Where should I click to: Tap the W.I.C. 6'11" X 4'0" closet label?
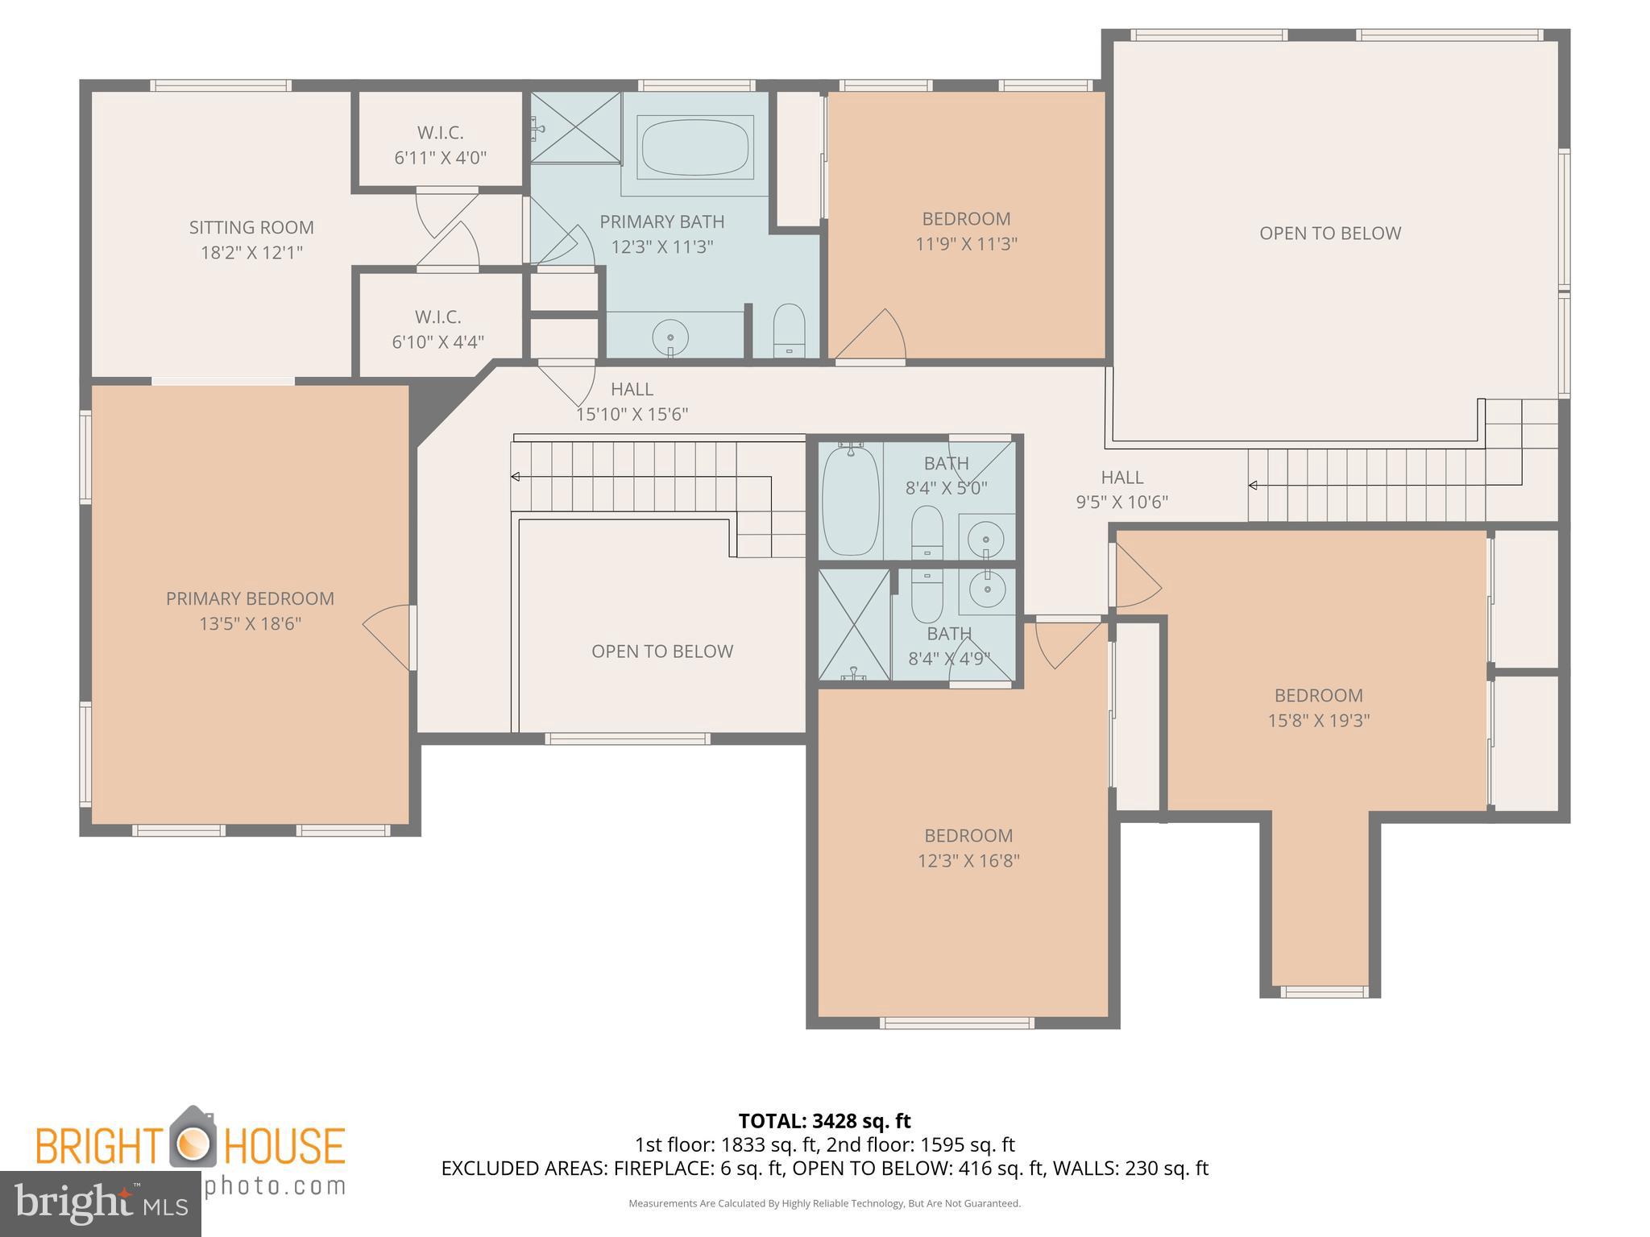click(440, 145)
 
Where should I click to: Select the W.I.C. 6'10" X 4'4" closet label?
click(437, 329)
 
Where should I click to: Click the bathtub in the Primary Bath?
click(694, 147)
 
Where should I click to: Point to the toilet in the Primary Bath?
click(789, 329)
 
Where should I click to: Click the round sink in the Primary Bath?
click(670, 335)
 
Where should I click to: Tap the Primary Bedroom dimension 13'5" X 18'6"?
click(251, 623)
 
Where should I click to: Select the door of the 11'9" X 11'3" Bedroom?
click(874, 337)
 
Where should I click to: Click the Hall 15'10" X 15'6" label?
click(632, 401)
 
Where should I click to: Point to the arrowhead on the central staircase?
click(516, 477)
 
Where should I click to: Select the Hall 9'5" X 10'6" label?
click(1122, 490)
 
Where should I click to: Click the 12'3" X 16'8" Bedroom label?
click(968, 848)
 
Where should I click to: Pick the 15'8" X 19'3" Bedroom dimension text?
click(1319, 720)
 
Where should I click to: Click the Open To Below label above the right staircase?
click(1330, 234)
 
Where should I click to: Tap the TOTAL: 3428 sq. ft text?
click(824, 1120)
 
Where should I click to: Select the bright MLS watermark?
click(100, 1204)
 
